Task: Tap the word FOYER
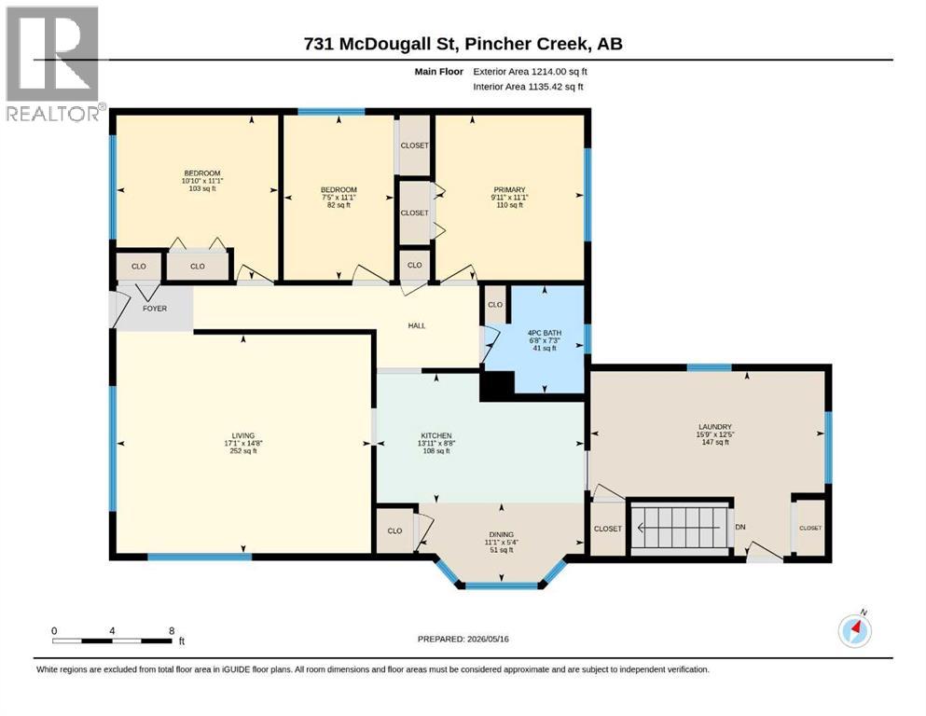point(155,308)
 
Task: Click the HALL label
point(416,325)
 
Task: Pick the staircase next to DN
point(680,528)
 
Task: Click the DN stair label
point(740,527)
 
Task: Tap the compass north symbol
point(854,630)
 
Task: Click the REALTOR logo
point(54,62)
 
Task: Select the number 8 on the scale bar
point(172,630)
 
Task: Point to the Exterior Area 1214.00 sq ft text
point(530,72)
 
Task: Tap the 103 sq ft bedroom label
point(202,188)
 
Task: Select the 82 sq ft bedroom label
point(339,205)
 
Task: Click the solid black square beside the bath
point(497,386)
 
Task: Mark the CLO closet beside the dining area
point(394,530)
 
